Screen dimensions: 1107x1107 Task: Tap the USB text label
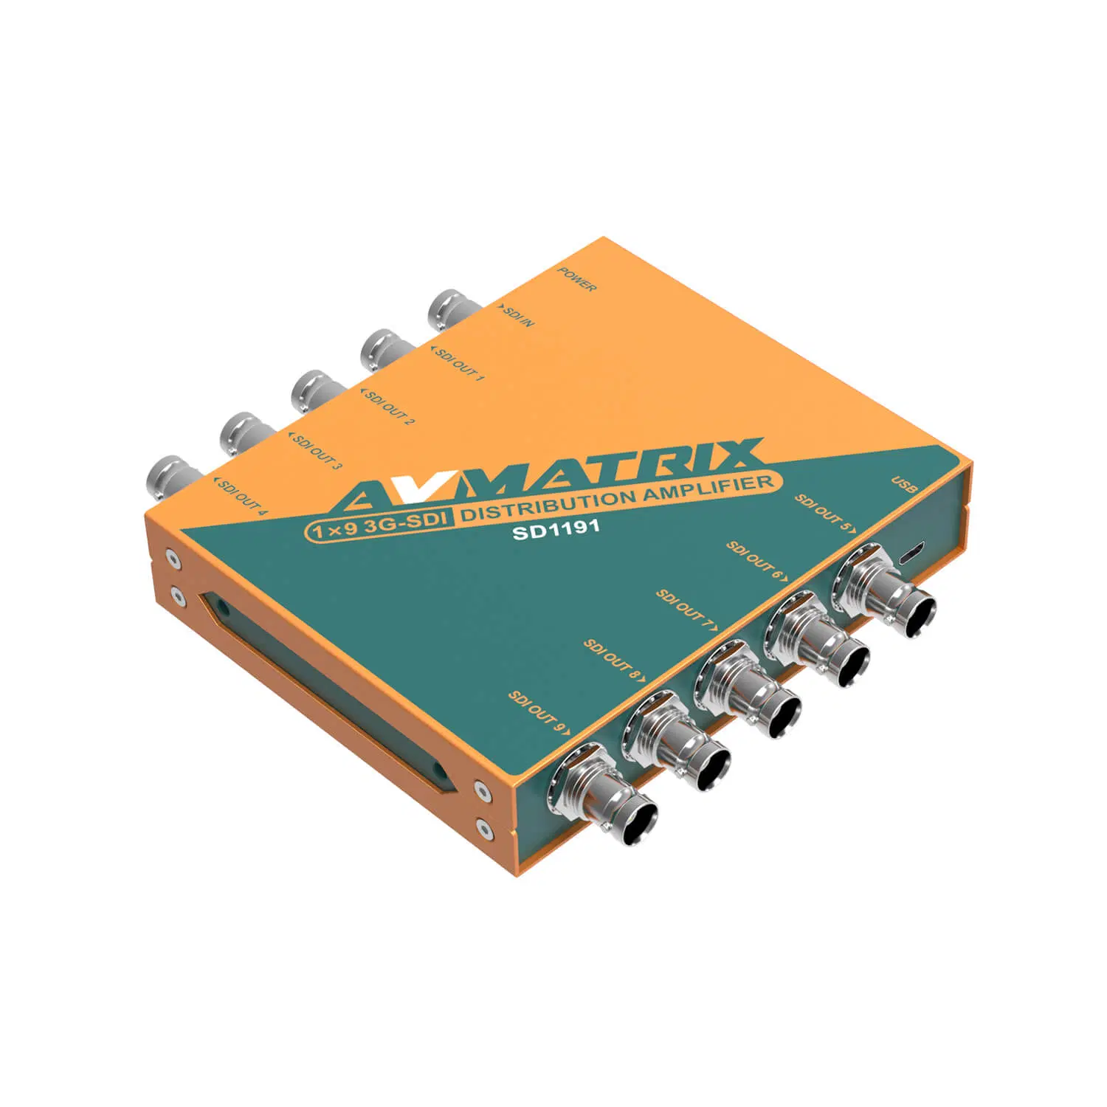[903, 486]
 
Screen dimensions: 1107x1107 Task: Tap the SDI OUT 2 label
[390, 407]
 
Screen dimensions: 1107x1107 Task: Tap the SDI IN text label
[517, 317]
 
